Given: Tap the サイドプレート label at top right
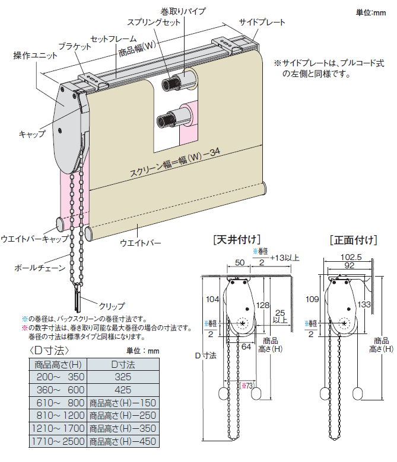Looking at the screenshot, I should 262,23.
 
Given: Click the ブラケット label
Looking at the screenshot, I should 75,46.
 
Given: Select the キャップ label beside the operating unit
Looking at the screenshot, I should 31,134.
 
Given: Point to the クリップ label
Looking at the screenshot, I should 112,306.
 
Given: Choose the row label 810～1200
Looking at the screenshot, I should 57,415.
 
